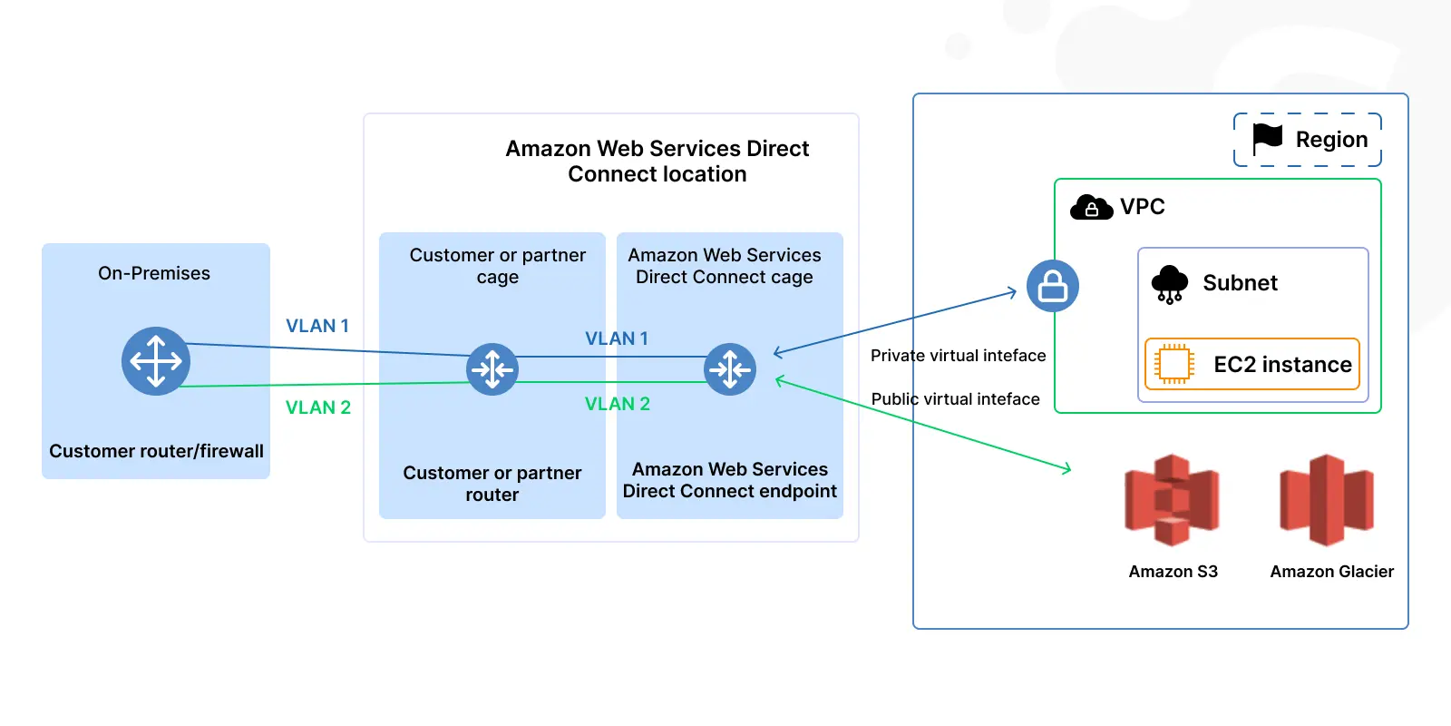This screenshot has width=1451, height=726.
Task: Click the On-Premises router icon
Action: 155,361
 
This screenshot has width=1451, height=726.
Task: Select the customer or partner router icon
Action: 492,369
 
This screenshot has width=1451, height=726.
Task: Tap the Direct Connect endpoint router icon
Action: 730,369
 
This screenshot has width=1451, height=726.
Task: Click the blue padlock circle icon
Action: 1053,286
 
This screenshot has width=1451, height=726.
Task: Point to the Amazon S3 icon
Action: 1172,500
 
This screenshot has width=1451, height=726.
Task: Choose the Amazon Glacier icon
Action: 1327,500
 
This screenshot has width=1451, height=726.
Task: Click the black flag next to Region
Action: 1267,140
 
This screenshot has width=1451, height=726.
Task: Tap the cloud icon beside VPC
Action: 1092,208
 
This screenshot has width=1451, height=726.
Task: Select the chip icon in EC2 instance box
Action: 1173,364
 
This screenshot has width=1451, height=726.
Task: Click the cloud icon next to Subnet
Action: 1170,284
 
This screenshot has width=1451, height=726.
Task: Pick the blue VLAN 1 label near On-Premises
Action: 317,326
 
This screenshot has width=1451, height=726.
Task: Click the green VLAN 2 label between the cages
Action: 618,404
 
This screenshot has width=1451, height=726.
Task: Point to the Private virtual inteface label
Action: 958,355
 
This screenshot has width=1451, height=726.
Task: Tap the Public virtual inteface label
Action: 956,398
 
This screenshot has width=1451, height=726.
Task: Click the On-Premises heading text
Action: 154,273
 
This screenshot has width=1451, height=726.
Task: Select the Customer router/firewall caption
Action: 156,450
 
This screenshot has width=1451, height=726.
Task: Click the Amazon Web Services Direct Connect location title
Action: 657,162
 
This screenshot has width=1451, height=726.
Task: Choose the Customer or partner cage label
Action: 498,266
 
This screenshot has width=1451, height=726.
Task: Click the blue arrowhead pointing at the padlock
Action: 1011,293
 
